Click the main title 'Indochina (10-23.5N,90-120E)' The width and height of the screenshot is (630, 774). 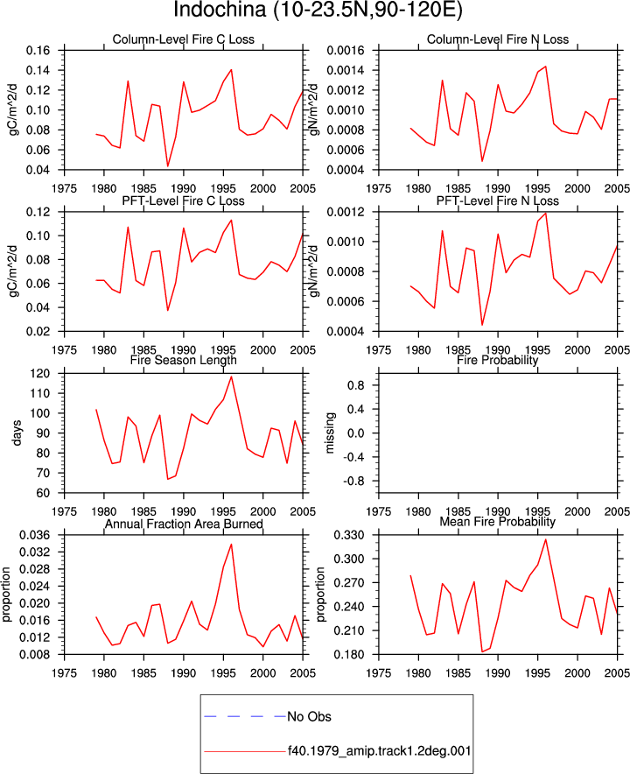pos(318,11)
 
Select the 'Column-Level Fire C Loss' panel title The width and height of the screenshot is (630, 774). pos(184,39)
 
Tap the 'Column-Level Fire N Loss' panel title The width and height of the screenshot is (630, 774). pos(498,39)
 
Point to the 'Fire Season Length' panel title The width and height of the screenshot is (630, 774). pos(184,360)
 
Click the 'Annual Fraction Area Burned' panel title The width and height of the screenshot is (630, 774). pos(184,524)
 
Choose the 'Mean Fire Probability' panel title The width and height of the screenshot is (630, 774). pos(498,522)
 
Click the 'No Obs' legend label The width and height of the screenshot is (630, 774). pos(310,716)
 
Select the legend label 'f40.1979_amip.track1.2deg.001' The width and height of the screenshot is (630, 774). pos(380,751)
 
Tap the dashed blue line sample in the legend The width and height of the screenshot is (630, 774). pos(245,716)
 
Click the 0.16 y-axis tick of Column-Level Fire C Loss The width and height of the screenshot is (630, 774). pos(38,51)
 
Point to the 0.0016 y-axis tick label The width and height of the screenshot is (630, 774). pos(346,51)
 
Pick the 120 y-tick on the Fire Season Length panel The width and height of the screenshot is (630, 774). pos(41,374)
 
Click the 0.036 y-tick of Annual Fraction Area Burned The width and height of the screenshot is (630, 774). pos(35,535)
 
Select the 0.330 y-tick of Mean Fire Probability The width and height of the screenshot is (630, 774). pos(349,535)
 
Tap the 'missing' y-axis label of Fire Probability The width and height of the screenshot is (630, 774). pos(330,433)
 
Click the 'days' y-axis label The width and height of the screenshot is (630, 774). pos(17,433)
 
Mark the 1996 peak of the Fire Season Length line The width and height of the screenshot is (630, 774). pos(231,376)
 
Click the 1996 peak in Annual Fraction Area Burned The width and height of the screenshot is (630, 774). pos(231,545)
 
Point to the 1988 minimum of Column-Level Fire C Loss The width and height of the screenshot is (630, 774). pos(168,166)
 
